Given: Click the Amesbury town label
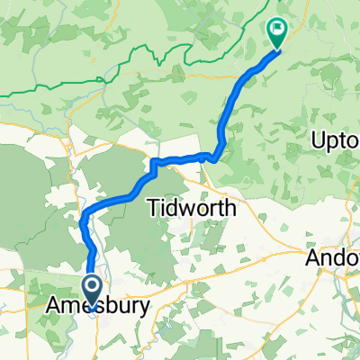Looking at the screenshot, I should [95, 307].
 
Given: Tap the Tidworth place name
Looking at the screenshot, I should [191, 208].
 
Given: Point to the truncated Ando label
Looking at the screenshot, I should [333, 257].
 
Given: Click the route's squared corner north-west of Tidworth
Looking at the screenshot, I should [152, 162].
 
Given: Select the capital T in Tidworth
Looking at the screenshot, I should [150, 208].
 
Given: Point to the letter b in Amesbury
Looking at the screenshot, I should [101, 307].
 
